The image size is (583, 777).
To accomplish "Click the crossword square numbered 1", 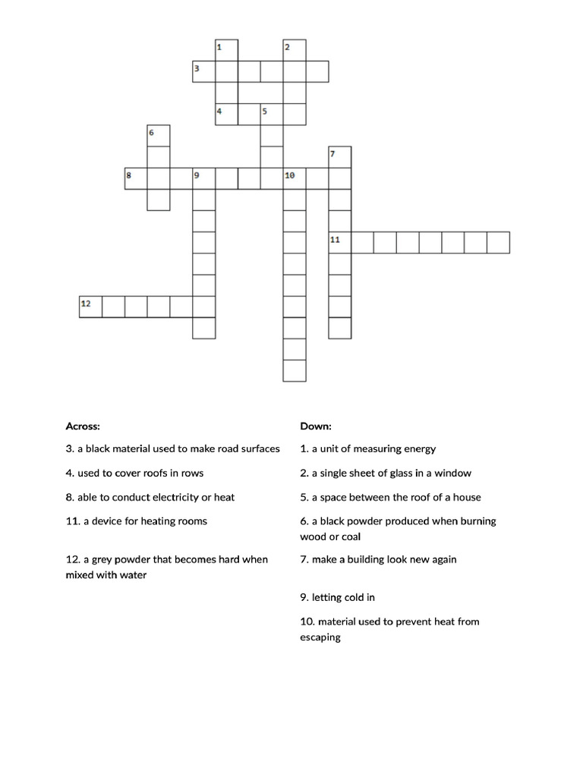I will [x=226, y=50].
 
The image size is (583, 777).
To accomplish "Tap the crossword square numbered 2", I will [x=295, y=50].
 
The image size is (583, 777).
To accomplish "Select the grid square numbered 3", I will [x=203, y=71].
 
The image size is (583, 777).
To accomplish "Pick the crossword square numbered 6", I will [x=158, y=136].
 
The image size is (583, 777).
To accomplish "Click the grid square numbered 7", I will [x=339, y=157].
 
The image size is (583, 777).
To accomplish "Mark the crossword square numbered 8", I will [x=135, y=178].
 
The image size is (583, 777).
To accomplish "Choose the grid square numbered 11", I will [x=339, y=242].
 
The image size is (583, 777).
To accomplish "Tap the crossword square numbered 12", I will [x=90, y=306].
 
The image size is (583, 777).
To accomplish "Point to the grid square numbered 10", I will [x=295, y=178].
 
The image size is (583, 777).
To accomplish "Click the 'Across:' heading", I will [x=83, y=426].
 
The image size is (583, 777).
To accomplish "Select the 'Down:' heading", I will [x=316, y=426].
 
